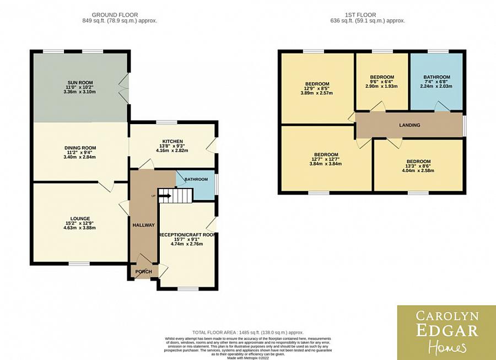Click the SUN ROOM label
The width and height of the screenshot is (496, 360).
80,82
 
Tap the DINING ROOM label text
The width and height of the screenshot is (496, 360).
80,148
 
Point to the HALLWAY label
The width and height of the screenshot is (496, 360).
143,225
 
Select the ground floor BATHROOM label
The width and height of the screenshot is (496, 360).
196,180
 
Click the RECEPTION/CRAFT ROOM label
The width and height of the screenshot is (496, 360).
187,234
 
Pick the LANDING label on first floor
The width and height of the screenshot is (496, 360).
409,125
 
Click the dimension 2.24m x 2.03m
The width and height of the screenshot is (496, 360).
436,86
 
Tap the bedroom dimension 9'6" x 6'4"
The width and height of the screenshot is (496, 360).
382,82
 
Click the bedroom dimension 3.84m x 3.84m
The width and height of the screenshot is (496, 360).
326,164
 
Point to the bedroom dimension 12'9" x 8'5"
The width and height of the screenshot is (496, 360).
317,89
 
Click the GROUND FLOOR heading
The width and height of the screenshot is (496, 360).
115,15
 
